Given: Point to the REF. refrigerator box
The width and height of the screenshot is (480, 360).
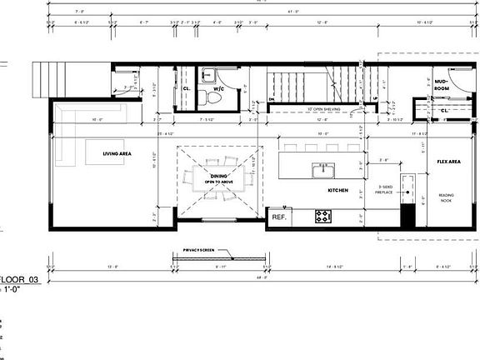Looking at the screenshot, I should [x=278, y=217].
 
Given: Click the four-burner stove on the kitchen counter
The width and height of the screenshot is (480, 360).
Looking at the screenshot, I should [x=323, y=216].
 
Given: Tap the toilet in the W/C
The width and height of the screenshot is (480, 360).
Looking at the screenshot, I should [x=214, y=97].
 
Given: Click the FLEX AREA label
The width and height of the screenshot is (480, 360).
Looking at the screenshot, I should [x=450, y=162].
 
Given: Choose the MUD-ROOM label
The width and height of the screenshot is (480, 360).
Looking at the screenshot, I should [x=442, y=84].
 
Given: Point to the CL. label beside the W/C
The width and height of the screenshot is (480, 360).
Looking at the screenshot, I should [x=186, y=87].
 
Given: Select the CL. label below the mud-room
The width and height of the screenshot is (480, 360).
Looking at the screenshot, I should [x=444, y=108].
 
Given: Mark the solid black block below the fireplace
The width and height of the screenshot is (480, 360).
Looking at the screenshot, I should [x=408, y=217].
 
